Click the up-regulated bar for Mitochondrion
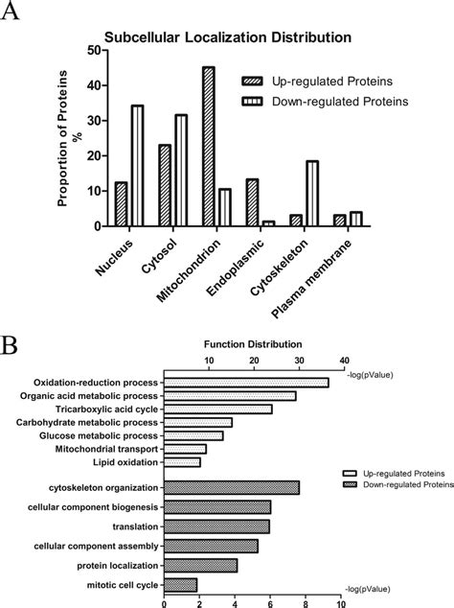click(208, 147)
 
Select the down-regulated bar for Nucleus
click(137, 166)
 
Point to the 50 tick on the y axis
click(96, 51)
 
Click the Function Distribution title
click(253, 343)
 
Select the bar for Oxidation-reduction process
click(246, 382)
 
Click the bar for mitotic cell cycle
click(180, 584)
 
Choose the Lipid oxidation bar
click(182, 461)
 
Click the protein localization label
click(111, 566)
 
